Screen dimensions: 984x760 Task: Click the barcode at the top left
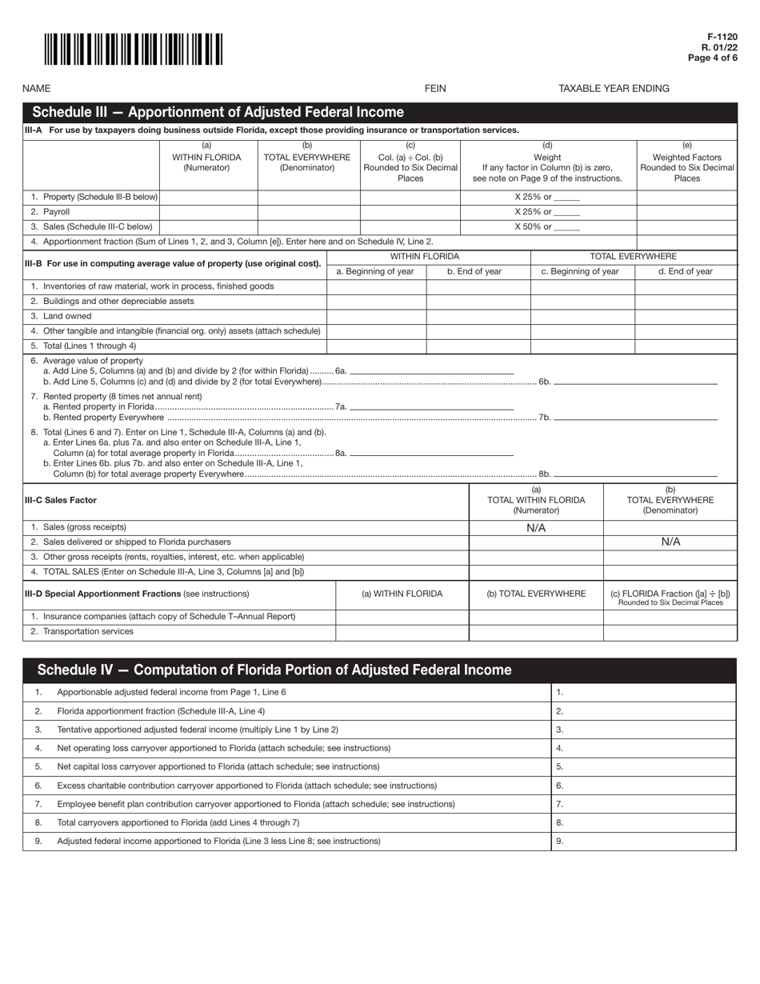[133, 50]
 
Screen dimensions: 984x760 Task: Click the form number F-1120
[722, 37]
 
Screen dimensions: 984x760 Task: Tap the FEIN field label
[435, 89]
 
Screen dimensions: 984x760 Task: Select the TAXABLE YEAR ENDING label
[614, 89]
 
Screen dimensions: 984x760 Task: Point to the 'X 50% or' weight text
[547, 227]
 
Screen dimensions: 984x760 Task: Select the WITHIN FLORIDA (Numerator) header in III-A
[207, 157]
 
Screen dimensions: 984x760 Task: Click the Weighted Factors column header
[686, 162]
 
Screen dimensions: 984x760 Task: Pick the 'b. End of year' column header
[478, 271]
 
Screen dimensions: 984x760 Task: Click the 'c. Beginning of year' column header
[582, 271]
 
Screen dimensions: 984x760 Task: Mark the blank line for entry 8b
[635, 475]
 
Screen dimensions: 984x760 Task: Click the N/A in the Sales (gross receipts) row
[536, 528]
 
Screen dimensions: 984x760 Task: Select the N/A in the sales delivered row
[670, 542]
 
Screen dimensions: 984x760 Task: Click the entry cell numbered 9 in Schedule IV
[643, 841]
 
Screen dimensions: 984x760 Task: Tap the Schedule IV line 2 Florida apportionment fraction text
[161, 710]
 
